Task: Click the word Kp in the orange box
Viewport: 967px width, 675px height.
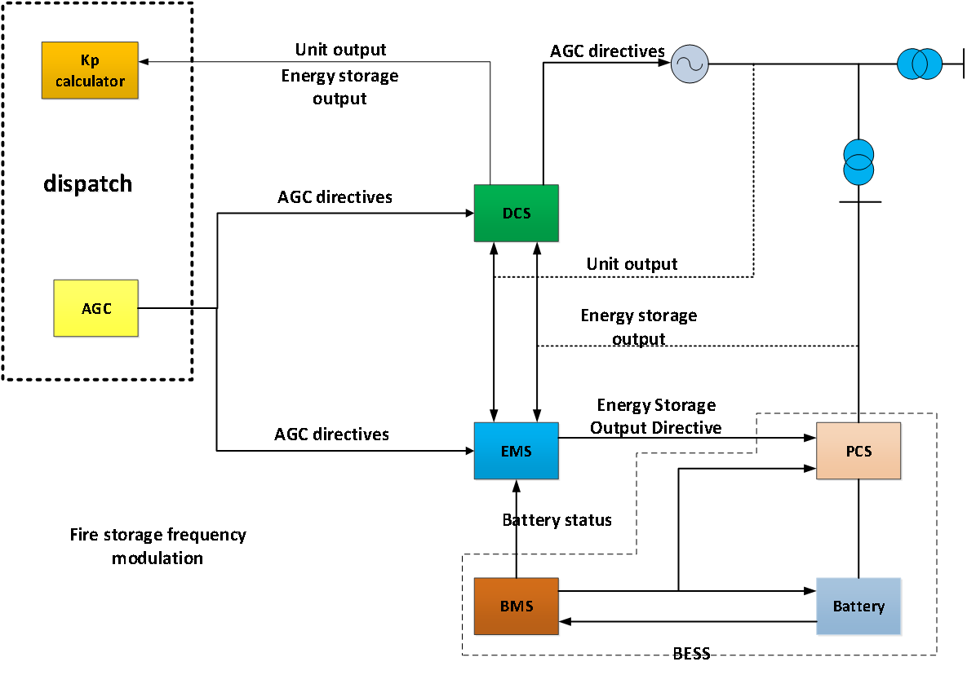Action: click(90, 61)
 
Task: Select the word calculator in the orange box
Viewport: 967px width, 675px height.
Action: click(90, 81)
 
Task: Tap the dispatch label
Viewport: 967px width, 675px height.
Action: click(87, 184)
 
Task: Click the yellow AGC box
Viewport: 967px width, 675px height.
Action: click(95, 308)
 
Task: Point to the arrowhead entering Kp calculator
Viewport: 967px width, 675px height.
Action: click(144, 61)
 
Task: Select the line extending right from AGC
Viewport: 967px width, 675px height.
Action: click(165, 308)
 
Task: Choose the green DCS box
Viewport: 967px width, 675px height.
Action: click(517, 214)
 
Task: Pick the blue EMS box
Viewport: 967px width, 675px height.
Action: click(517, 451)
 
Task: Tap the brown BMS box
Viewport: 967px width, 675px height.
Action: click(517, 607)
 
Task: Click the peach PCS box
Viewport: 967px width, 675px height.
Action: click(859, 451)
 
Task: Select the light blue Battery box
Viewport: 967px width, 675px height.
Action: click(859, 607)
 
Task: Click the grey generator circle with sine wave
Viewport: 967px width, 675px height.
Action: click(690, 64)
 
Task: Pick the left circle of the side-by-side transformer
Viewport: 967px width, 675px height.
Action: click(911, 64)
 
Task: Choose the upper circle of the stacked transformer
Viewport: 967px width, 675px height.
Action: click(858, 153)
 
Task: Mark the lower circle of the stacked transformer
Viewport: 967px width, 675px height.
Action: click(858, 171)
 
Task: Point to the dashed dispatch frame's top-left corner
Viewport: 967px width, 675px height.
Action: click(4, 4)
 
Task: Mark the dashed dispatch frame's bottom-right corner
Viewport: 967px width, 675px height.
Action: click(191, 378)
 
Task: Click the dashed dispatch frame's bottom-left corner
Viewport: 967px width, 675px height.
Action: click(4, 378)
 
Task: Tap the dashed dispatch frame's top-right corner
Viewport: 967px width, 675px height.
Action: click(191, 4)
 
